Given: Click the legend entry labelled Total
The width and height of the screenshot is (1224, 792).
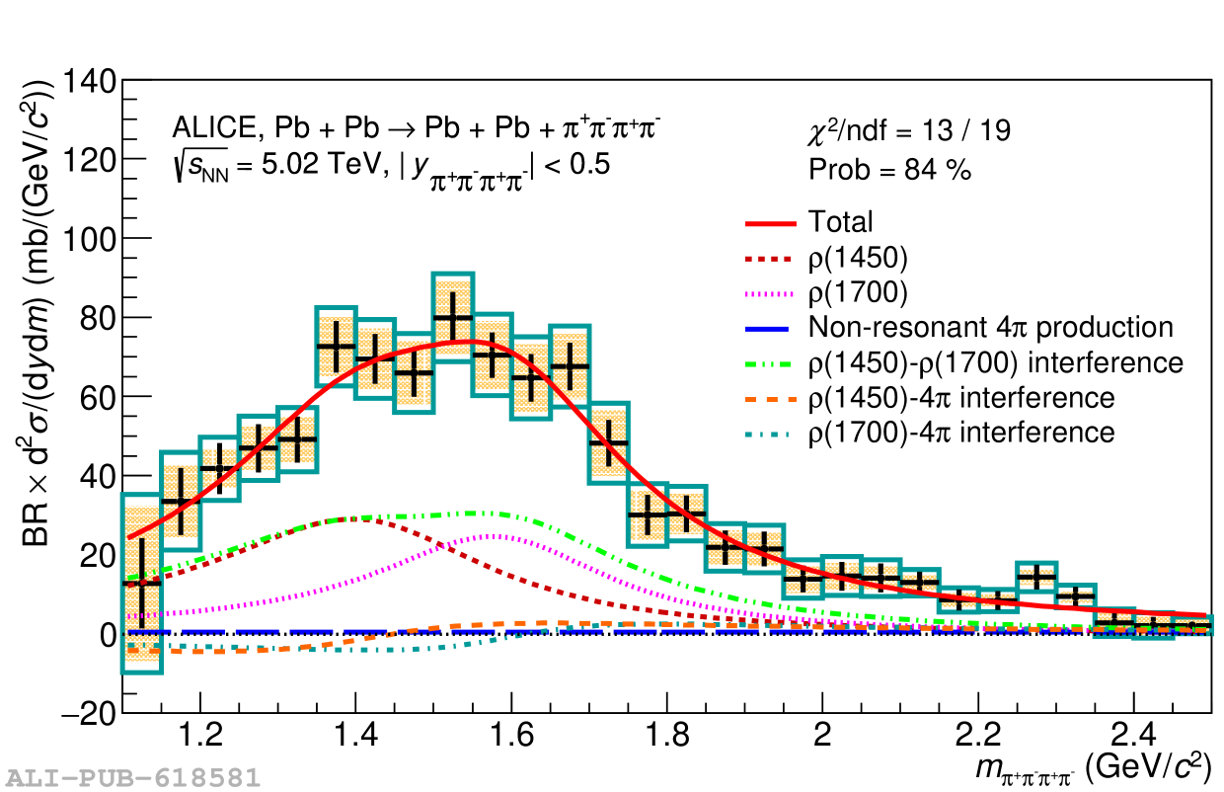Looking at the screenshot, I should (840, 222).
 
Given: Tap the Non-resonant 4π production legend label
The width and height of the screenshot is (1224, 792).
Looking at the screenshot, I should (990, 328).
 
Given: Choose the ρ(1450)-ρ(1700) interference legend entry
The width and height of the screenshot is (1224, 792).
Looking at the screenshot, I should (995, 362).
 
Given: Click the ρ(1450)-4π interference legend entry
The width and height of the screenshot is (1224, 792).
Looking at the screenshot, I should (960, 398).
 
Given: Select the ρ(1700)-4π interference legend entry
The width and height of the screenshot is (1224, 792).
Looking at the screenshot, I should (960, 433).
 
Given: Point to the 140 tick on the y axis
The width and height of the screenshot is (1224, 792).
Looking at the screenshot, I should (89, 81).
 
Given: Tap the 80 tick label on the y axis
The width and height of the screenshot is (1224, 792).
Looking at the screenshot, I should (96, 318).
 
